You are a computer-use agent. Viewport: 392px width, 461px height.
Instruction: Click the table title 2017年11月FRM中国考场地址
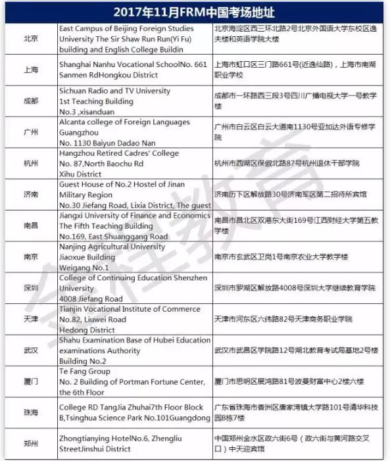(x=195, y=12)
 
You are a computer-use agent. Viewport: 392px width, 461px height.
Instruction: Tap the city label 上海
(x=30, y=70)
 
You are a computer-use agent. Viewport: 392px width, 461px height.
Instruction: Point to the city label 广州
(x=30, y=133)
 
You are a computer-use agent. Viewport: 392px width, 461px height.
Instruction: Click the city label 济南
(x=30, y=195)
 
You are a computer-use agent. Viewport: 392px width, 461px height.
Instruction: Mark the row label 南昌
(x=30, y=226)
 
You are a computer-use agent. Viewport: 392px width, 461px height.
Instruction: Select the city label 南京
(x=30, y=257)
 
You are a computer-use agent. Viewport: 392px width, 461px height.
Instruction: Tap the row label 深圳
(x=30, y=289)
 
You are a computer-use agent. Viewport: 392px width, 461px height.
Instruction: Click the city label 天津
(x=30, y=320)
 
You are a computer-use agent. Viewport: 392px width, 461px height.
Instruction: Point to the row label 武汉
(x=30, y=351)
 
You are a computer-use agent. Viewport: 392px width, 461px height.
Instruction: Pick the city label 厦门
(x=30, y=382)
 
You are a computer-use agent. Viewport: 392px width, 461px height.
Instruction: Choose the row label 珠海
(x=30, y=413)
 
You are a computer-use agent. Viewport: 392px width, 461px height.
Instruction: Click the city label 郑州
(x=30, y=444)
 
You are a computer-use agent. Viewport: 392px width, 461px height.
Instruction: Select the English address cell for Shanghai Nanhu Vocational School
(x=134, y=70)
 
